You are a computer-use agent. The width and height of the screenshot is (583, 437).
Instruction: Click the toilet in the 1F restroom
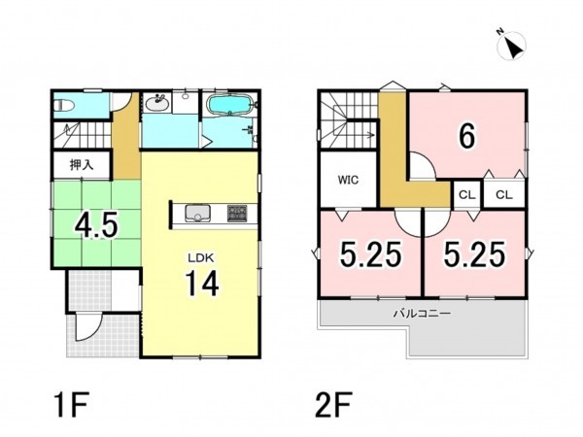click(64, 106)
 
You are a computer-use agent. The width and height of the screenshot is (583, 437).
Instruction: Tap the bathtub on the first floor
click(229, 104)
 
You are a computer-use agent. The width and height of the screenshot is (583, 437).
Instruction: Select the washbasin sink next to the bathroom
click(156, 102)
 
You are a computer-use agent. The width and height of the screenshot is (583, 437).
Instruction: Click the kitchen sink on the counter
click(197, 213)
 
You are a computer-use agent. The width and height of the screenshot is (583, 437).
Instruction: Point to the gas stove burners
click(237, 214)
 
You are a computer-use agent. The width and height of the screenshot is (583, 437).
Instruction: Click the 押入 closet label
click(82, 165)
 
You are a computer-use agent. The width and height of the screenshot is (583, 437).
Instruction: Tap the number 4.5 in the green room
click(96, 225)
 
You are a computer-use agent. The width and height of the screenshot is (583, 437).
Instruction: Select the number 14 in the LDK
click(202, 283)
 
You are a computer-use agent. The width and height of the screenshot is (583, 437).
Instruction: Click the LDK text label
click(200, 257)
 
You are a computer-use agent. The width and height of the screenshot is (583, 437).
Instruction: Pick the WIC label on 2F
click(348, 180)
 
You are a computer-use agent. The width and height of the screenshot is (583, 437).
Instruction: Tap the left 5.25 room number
click(371, 254)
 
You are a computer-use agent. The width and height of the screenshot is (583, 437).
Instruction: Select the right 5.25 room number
click(475, 254)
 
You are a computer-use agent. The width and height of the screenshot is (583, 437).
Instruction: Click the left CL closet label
click(467, 195)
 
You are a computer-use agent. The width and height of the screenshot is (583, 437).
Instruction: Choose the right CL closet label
click(503, 195)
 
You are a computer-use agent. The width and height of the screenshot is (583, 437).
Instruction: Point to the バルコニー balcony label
click(423, 314)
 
